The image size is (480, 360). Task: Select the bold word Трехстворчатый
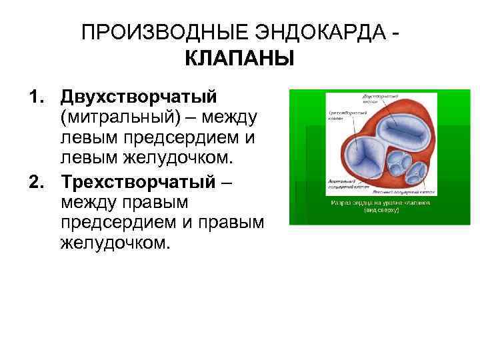137,181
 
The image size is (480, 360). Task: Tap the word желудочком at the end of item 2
110,243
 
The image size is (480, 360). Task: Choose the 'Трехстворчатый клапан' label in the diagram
344,117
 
